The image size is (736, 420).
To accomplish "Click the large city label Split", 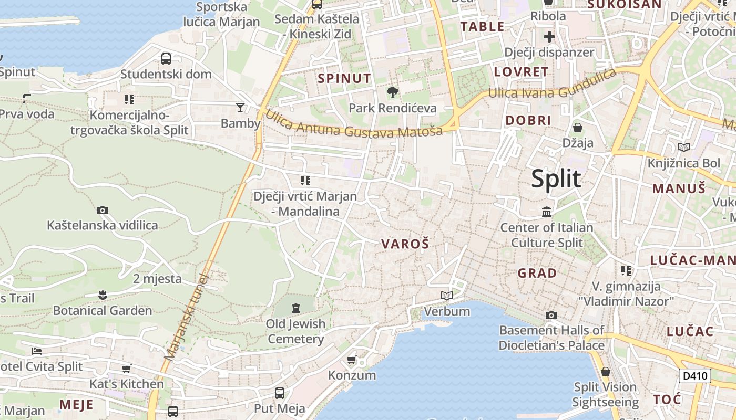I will (556, 179).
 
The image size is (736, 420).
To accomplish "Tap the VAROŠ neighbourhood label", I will (405, 244).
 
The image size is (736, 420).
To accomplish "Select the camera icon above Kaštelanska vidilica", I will (103, 211).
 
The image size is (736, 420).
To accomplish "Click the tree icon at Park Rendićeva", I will (392, 93).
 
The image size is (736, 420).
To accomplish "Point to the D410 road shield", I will (694, 376).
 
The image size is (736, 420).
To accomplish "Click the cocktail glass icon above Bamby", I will (240, 108).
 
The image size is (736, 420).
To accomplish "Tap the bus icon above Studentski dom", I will (166, 58).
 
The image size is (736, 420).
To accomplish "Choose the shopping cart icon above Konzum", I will (351, 360).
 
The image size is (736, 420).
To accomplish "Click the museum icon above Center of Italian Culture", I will (547, 212).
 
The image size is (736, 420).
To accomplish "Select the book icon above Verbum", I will (447, 296).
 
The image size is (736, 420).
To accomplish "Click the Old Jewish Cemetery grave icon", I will (295, 308).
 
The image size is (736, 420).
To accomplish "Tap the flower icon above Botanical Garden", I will (103, 295).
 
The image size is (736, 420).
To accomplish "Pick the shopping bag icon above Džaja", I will (577, 128).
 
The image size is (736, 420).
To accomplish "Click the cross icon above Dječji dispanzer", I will (549, 37).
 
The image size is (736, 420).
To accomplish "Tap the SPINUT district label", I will (344, 79).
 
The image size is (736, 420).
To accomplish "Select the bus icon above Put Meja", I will (280, 393).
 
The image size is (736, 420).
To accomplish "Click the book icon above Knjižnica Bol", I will (684, 148).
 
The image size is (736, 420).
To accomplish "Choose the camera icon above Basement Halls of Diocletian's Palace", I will (551, 315).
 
